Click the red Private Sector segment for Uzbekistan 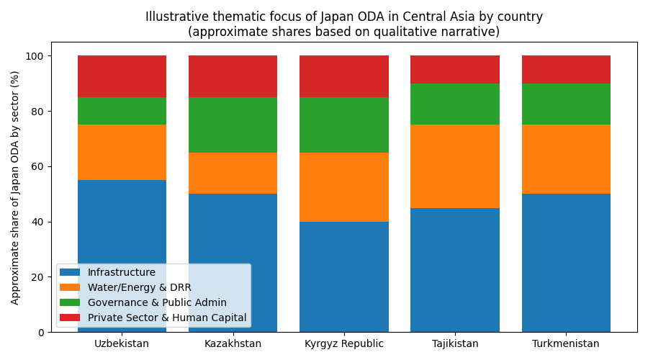[x=122, y=76]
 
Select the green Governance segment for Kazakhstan [x=233, y=125]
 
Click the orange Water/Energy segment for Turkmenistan [x=566, y=159]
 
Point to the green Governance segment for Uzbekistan [x=122, y=111]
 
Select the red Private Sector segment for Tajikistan [x=454, y=69]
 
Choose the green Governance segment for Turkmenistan [x=566, y=104]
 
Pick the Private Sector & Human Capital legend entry [x=166, y=318]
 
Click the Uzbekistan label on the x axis [x=122, y=343]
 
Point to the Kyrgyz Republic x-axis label [x=343, y=343]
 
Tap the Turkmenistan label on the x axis [x=566, y=343]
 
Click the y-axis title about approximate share [x=16, y=187]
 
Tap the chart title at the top [x=344, y=24]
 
